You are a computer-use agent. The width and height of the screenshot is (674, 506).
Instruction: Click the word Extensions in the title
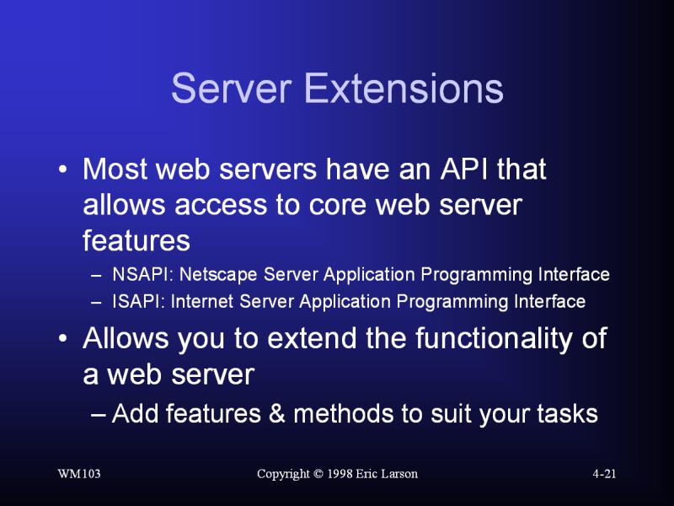(x=404, y=89)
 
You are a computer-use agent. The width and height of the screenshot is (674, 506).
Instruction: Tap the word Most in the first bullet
(x=115, y=169)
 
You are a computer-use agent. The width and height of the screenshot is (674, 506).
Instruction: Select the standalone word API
(x=464, y=169)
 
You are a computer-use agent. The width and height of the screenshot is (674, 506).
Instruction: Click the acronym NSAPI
(x=139, y=275)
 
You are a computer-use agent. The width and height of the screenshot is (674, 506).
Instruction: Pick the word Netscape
(x=218, y=275)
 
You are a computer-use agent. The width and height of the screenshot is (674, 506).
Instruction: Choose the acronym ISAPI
(x=135, y=302)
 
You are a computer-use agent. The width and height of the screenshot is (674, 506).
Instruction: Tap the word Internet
(x=201, y=302)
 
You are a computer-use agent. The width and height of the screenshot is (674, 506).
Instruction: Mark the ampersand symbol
(x=277, y=413)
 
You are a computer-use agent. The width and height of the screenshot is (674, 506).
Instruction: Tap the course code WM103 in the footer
(x=79, y=474)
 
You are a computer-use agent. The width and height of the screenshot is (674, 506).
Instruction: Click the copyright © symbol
(x=318, y=474)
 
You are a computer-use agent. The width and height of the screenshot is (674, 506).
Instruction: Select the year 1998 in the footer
(x=340, y=474)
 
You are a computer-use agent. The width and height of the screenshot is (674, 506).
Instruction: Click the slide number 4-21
(x=604, y=474)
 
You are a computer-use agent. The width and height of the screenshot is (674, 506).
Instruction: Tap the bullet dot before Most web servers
(x=62, y=170)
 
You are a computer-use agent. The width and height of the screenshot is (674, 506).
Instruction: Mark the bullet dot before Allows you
(x=62, y=338)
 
